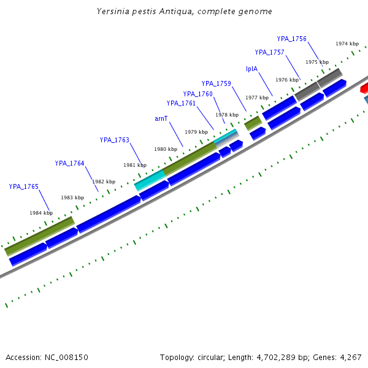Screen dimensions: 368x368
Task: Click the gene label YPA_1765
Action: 23,186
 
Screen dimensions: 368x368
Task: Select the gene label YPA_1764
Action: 69,163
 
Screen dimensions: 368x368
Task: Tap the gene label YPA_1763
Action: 114,140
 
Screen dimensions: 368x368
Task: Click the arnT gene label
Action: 161,118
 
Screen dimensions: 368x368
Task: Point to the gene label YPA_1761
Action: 181,103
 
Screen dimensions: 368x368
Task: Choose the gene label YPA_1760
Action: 197,94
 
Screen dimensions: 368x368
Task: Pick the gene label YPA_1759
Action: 216,83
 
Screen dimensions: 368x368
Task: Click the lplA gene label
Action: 251,69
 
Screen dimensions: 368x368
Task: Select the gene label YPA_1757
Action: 269,52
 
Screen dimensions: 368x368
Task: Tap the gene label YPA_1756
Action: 291,39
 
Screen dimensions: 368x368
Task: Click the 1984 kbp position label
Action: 41,213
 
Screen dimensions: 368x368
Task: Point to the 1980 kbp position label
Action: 165,149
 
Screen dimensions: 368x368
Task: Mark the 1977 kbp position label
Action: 257,98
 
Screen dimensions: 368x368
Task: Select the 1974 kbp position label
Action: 347,44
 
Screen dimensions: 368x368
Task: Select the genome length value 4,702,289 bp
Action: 284,357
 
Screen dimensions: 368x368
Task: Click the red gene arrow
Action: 364,88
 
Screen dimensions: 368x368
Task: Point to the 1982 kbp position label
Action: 104,182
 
